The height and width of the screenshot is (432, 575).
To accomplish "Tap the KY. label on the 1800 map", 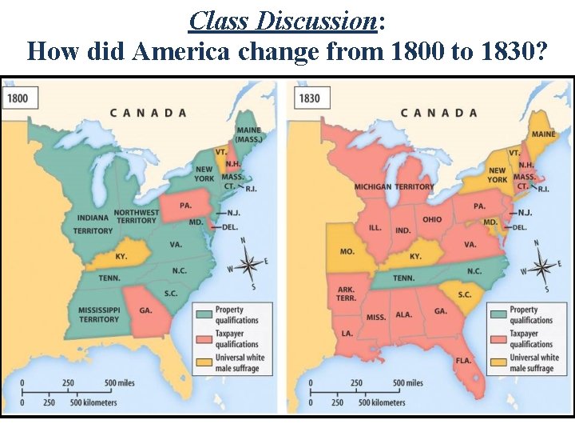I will (x=121, y=257).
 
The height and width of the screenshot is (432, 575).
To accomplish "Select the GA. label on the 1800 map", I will (x=145, y=310).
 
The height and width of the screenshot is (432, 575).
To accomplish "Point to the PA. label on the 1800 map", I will (x=185, y=206).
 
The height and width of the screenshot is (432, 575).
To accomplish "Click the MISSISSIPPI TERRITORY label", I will (x=98, y=314).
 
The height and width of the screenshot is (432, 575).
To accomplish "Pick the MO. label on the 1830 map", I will (x=347, y=251).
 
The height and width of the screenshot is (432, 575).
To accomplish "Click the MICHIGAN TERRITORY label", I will (x=395, y=186).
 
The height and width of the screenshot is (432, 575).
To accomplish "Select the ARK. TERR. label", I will (x=346, y=294).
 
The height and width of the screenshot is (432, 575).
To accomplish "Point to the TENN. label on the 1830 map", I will (x=402, y=278).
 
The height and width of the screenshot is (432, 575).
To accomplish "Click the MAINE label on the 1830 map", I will (x=543, y=134).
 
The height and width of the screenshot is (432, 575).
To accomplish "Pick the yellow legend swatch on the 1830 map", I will (x=498, y=362).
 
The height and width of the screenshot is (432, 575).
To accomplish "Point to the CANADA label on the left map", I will (x=148, y=113).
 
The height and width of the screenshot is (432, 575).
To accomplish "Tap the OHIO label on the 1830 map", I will (x=432, y=219).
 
